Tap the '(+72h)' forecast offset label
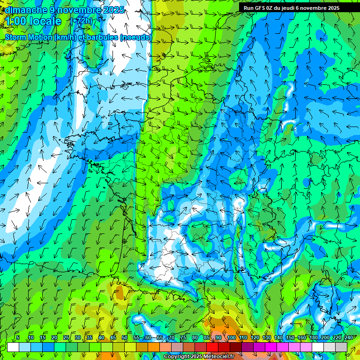81,21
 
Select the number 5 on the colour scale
17,337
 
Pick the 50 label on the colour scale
125,337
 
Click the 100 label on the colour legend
232,337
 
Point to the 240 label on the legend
349,337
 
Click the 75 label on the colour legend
183,337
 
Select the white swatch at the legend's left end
13,347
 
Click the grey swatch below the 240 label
341,347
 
